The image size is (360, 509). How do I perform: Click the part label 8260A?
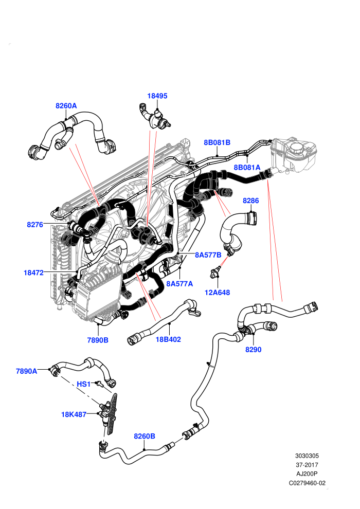[66, 106]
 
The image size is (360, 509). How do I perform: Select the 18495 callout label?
[157, 96]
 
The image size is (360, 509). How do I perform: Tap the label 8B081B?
[217, 142]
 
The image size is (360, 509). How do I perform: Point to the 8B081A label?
[247, 167]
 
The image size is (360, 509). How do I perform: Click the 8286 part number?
[250, 201]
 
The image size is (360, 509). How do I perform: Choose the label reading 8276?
[35, 225]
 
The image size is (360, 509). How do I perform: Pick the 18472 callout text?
[33, 272]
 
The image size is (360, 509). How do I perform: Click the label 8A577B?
[208, 255]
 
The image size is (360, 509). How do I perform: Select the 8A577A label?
[179, 284]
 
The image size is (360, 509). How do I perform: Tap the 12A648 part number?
[217, 293]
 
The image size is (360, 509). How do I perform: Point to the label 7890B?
[98, 340]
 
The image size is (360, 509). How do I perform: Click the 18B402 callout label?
[168, 339]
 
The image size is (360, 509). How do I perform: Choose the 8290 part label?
[253, 350]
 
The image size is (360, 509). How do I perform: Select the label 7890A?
[27, 371]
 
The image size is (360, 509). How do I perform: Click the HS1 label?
[83, 385]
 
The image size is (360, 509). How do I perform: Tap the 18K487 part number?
[74, 414]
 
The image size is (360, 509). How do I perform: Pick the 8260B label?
[145, 437]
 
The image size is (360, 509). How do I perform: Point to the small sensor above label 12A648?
[215, 272]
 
